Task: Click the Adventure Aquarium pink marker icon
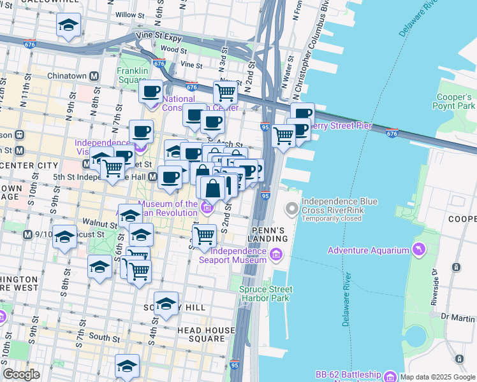tap(418, 250)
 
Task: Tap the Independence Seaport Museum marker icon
tap(275, 255)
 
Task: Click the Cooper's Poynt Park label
tap(453, 101)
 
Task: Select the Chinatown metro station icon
tap(94, 76)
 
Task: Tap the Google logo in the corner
tap(21, 374)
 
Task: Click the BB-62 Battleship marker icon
tap(389, 375)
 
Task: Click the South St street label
tap(99, 336)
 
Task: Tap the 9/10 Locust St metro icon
tap(27, 234)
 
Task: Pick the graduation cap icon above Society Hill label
tap(166, 304)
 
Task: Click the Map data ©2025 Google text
tap(437, 376)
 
